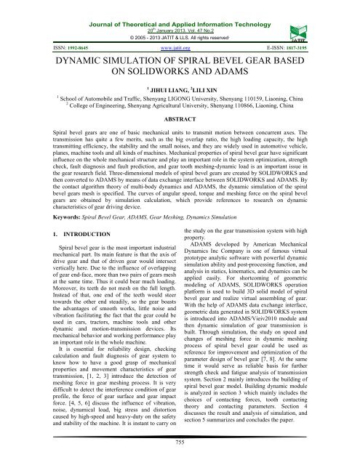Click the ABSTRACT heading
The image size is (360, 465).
[180, 116]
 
